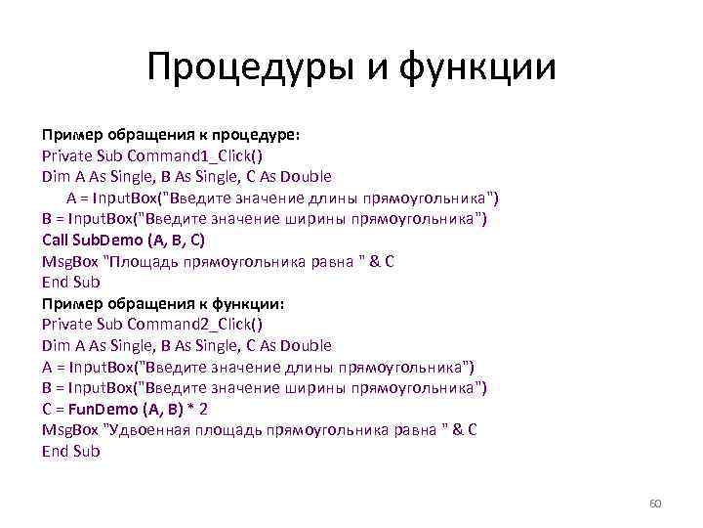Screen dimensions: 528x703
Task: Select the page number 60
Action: pos(655,504)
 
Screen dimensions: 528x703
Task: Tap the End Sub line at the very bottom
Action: pos(71,451)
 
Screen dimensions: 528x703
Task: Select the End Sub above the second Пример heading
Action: pos(71,282)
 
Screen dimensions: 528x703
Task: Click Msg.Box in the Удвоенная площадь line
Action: pos(70,430)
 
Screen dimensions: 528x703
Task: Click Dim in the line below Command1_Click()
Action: pos(57,177)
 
